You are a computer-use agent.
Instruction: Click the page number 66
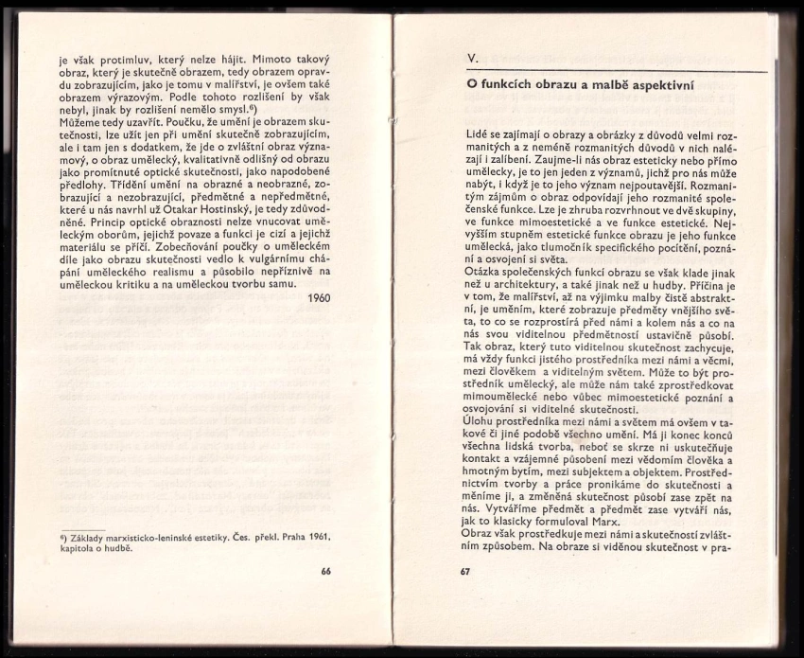click(x=325, y=572)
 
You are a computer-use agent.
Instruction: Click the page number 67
click(x=464, y=572)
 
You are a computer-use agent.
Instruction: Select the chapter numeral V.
click(x=472, y=59)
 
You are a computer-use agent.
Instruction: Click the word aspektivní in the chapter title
click(x=659, y=85)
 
